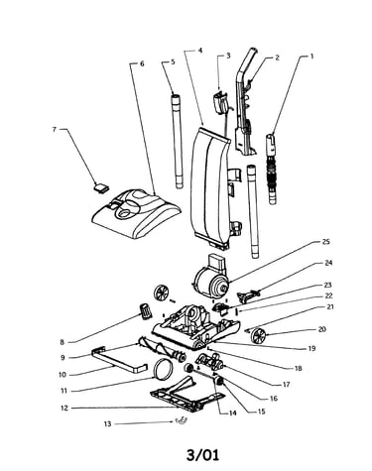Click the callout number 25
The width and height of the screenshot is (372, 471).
click(325, 242)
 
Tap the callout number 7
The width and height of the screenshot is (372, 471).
click(55, 129)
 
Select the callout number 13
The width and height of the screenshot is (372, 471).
click(108, 423)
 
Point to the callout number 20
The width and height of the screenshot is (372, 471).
click(321, 329)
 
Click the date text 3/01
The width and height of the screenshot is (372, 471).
click(202, 455)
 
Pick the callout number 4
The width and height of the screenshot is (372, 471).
click(200, 51)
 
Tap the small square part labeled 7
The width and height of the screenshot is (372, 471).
click(101, 187)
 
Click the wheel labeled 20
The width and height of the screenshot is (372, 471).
click(257, 335)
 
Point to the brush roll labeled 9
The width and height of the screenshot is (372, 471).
click(163, 350)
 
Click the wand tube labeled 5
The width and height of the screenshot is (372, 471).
click(178, 141)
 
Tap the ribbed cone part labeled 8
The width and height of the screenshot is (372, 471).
click(145, 311)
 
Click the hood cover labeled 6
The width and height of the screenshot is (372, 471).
click(136, 213)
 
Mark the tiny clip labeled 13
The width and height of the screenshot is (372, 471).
click(182, 420)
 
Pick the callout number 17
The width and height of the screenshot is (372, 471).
click(287, 385)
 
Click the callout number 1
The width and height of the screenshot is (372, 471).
click(311, 57)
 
